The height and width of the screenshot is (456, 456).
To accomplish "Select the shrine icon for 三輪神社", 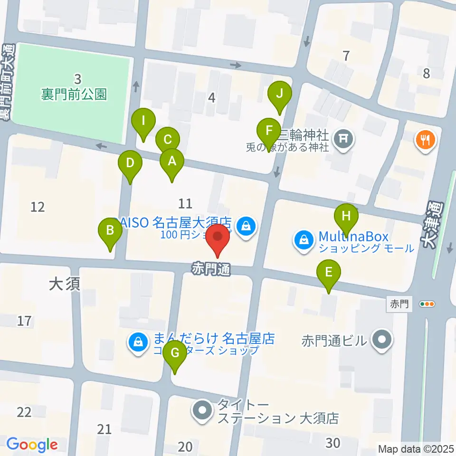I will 344,139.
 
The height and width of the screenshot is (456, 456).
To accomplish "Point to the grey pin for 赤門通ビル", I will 381,341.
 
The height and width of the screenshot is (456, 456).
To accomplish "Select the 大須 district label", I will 65,284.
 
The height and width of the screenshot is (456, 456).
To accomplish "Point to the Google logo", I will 32,445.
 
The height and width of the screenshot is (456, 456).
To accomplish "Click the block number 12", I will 38,207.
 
